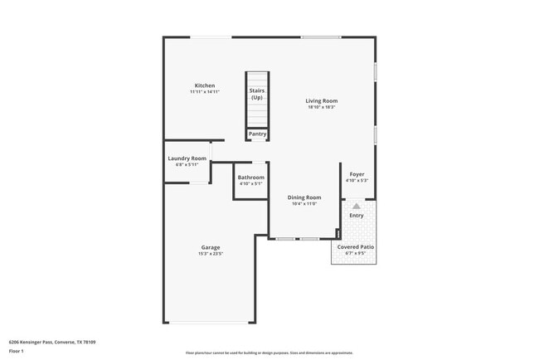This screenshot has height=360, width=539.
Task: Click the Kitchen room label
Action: click(x=205, y=85)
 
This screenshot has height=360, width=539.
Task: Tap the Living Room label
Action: click(x=322, y=101)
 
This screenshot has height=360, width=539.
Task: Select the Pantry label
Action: click(x=257, y=134)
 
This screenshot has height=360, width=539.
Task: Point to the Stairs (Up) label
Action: click(x=257, y=94)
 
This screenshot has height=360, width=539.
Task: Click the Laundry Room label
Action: click(x=187, y=158)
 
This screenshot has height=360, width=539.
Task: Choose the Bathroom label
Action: click(x=250, y=178)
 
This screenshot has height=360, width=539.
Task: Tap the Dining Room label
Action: click(x=304, y=197)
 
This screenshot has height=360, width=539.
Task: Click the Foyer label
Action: click(x=357, y=174)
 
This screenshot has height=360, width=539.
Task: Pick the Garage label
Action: click(x=211, y=247)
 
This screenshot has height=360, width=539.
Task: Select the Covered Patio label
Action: click(x=354, y=247)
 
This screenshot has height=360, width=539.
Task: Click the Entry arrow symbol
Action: click(x=357, y=206)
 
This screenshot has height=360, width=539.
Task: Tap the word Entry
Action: click(x=357, y=216)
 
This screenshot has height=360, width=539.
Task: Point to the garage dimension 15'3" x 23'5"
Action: click(x=211, y=254)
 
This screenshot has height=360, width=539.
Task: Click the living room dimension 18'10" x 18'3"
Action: click(x=322, y=108)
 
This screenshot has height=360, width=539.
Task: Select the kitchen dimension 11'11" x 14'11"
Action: click(x=205, y=92)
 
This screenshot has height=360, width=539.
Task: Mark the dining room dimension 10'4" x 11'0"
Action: click(x=304, y=204)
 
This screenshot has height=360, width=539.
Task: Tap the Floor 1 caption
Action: click(x=17, y=351)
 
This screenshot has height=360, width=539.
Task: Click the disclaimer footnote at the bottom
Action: click(x=269, y=353)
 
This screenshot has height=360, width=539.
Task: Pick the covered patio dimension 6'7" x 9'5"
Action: click(x=354, y=254)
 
